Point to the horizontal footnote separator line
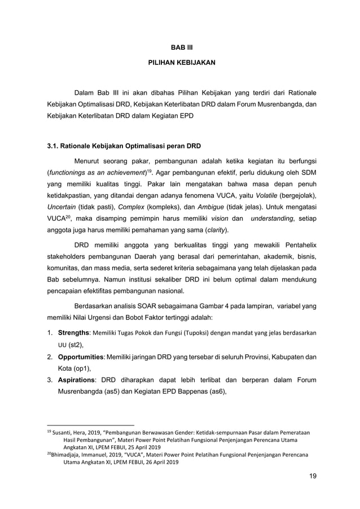90,425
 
